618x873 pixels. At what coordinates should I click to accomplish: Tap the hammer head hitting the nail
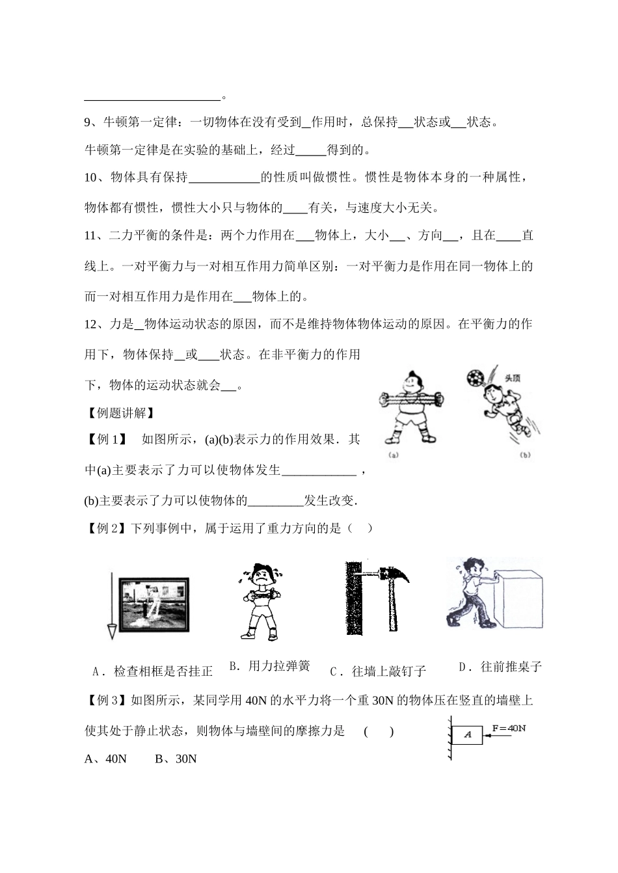pos(393,573)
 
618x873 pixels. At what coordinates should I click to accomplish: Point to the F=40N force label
pos(509,728)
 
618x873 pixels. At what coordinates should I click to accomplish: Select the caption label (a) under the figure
pos(394,455)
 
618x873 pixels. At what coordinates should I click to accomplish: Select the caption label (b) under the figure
pos(526,455)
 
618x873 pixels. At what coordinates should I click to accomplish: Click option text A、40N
pos(105,759)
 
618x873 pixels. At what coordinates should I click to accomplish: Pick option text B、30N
pos(176,759)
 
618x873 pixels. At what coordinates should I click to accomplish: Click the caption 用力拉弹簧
pos(269,666)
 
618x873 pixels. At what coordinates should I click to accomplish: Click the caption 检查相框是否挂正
pos(154,671)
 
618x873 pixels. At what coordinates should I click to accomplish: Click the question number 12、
pos(94,324)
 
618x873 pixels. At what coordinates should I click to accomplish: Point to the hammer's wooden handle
pos(394,605)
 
